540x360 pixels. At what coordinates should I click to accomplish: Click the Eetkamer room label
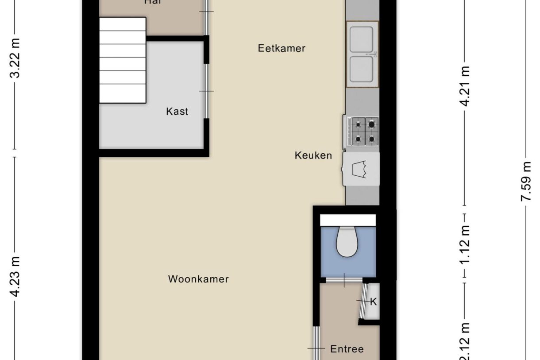(x=282, y=48)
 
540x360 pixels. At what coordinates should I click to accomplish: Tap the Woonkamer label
(x=198, y=279)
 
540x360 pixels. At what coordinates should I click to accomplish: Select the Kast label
(x=177, y=111)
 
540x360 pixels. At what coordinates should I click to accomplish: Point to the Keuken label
(x=313, y=155)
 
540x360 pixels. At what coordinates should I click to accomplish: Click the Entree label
(x=347, y=349)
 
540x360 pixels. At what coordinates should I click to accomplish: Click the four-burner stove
(x=363, y=132)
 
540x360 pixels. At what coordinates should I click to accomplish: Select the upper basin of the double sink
(x=362, y=39)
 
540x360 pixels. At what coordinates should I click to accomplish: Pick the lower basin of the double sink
(x=362, y=70)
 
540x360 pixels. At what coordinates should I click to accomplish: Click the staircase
(x=122, y=60)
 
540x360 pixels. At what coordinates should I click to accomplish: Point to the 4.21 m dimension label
(x=465, y=86)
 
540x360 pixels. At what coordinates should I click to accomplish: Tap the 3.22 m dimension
(x=15, y=58)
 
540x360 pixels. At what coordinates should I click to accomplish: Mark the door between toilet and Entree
(x=344, y=280)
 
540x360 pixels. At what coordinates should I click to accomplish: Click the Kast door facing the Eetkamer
(x=207, y=91)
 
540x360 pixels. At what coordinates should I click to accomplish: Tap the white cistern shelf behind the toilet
(x=348, y=220)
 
